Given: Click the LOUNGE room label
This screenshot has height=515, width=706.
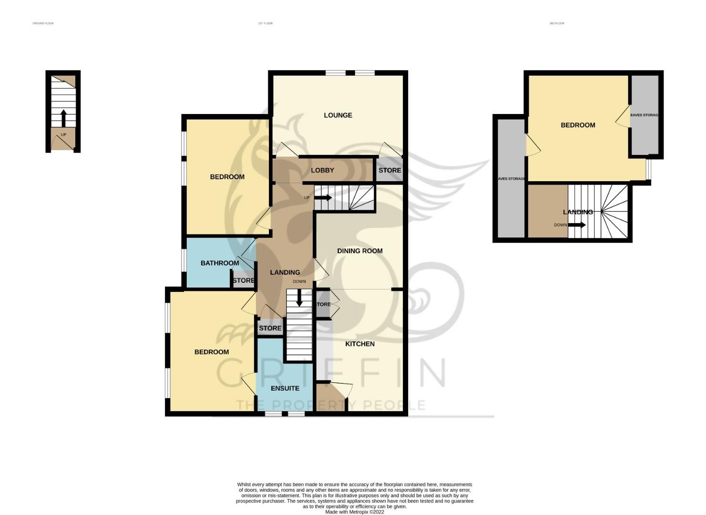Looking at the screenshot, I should pyautogui.click(x=338, y=115).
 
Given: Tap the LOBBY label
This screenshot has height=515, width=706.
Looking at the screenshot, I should pyautogui.click(x=322, y=170).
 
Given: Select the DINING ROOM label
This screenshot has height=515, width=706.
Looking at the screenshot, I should pyautogui.click(x=359, y=251).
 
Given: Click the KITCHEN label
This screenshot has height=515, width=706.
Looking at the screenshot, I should pyautogui.click(x=359, y=344).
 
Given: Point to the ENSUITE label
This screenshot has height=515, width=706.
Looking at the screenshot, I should pyautogui.click(x=285, y=388).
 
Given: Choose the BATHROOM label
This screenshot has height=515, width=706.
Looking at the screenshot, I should pyautogui.click(x=219, y=263).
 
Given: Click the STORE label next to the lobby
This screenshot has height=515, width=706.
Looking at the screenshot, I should pyautogui.click(x=389, y=170).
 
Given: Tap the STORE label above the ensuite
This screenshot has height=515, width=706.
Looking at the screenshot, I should pyautogui.click(x=270, y=328).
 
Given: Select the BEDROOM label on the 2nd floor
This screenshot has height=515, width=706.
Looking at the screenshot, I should pyautogui.click(x=577, y=125).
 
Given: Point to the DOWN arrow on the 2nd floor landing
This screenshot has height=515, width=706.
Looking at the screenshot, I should pyautogui.click(x=576, y=225).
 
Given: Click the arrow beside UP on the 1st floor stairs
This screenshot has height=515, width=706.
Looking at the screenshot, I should pyautogui.click(x=323, y=197).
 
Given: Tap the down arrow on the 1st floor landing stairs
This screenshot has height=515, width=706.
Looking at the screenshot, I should pyautogui.click(x=299, y=299).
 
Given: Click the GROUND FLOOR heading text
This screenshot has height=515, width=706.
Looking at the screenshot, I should pyautogui.click(x=43, y=23).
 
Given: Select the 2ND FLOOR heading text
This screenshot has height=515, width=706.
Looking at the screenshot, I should pyautogui.click(x=556, y=23).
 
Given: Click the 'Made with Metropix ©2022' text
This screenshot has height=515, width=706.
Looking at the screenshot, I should pyautogui.click(x=354, y=512).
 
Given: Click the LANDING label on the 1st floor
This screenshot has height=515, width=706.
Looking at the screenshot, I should pyautogui.click(x=285, y=272).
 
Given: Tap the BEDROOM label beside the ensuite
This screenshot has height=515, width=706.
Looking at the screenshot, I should pyautogui.click(x=211, y=352).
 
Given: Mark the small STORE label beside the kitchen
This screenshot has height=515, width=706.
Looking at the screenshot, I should pyautogui.click(x=323, y=304).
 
